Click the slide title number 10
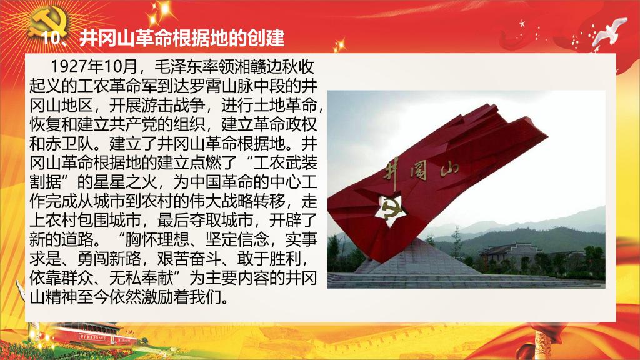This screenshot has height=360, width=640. click(52, 38)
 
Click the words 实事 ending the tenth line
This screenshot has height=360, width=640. click(301, 239)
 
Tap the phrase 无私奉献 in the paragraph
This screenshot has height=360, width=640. click(141, 278)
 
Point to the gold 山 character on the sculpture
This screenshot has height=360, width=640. click(449, 168)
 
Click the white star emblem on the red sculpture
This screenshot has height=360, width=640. click(391, 211)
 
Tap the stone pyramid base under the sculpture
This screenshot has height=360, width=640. click(417, 257)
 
